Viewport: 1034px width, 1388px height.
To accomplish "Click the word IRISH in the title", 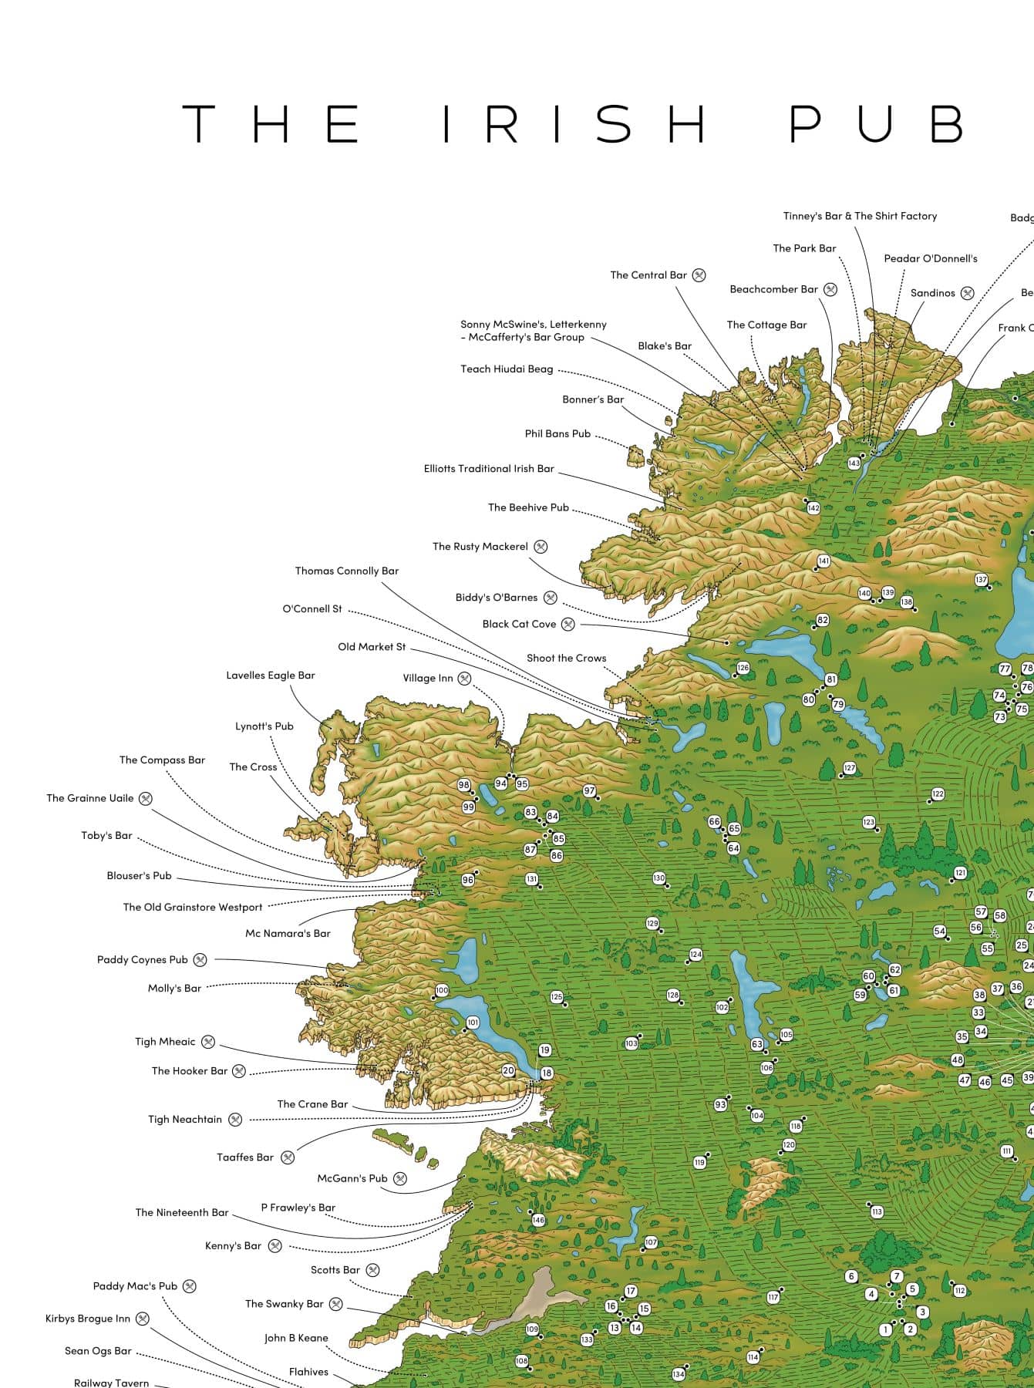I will [574, 123].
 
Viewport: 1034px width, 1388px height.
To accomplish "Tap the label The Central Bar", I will [648, 275].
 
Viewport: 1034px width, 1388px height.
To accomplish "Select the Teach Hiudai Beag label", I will [507, 369].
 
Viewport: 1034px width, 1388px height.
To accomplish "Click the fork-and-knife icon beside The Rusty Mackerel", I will [541, 547].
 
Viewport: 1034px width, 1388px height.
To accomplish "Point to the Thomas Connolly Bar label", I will [347, 571].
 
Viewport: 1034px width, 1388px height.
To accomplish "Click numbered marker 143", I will [854, 463].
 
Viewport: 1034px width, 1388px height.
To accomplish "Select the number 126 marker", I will [743, 668].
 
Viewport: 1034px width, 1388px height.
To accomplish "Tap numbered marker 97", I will [589, 791].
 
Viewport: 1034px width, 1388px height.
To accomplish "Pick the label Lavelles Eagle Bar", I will [271, 675].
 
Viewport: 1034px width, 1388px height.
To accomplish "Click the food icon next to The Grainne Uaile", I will [145, 799].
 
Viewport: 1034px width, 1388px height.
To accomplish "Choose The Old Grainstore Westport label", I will [193, 908].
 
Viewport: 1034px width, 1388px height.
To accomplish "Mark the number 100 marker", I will [441, 990].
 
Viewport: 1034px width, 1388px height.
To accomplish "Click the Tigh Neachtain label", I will [185, 1120].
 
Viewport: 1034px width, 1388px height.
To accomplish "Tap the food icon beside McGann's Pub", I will [400, 1178].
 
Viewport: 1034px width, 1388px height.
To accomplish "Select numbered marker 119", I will [699, 1162].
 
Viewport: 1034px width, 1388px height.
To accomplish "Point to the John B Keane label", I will [296, 1338].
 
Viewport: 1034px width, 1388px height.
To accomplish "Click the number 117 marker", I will [773, 1297].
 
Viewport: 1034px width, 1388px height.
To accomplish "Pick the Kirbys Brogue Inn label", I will [88, 1319].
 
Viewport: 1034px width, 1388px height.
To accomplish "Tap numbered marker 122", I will [938, 794].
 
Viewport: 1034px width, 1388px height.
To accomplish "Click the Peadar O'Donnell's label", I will [930, 259].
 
